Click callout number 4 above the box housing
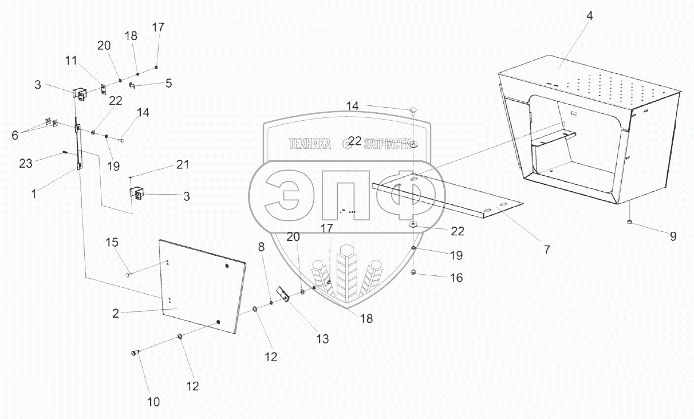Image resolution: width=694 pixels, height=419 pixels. (x=589, y=16)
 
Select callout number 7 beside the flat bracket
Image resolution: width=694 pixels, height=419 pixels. (x=546, y=250)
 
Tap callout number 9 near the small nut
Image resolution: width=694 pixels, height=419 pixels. (x=673, y=236)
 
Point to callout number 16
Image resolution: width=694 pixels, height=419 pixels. (x=456, y=278)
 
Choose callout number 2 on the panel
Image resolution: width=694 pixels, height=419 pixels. (x=115, y=313)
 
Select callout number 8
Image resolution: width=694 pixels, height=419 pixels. (x=261, y=247)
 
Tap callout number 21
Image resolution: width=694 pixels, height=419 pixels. (x=182, y=165)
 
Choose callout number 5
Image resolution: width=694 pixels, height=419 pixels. (x=168, y=83)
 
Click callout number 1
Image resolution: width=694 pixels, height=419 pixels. (x=34, y=193)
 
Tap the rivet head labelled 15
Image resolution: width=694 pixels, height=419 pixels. (x=128, y=274)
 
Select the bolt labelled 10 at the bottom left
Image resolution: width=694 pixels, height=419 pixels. (x=135, y=353)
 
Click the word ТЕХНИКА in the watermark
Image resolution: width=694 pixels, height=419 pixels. (x=310, y=144)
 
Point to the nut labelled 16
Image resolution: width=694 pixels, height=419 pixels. (x=413, y=273)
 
